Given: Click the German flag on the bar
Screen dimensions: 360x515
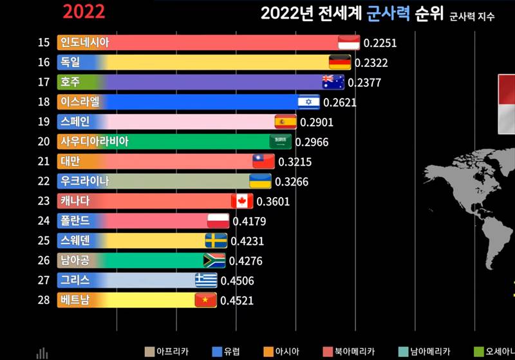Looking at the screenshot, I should tap(339, 62).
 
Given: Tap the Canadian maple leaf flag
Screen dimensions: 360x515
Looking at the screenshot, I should tap(242, 201).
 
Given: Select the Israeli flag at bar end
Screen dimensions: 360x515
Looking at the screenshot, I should tap(308, 102).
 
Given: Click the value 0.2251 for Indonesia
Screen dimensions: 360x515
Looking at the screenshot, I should tap(380, 43).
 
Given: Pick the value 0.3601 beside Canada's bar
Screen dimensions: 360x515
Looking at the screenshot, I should tap(273, 201).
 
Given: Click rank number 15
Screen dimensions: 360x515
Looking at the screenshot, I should tap(43, 43).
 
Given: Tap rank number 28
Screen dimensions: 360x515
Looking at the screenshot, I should tap(43, 300).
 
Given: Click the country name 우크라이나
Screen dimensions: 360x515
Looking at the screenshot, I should tap(84, 182).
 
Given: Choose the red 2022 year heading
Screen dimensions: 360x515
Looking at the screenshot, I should tap(84, 12).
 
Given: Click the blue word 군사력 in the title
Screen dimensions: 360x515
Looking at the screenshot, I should tap(388, 14).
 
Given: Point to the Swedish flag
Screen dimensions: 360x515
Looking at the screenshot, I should tap(216, 241).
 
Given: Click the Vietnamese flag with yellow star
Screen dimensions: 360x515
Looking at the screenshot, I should tap(205, 300).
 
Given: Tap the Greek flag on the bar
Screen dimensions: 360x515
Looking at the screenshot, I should tap(206, 280).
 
